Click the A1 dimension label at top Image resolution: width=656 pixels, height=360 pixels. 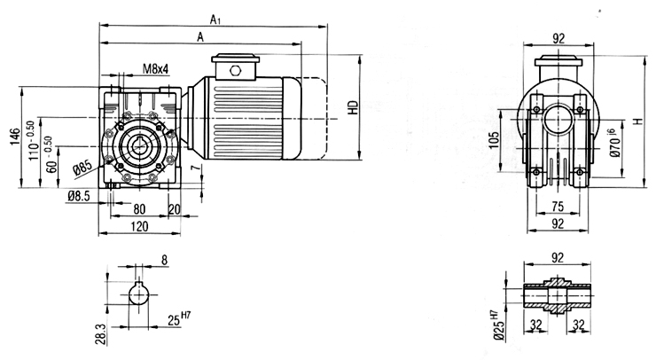[215, 20]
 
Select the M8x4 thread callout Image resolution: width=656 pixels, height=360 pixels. [156, 69]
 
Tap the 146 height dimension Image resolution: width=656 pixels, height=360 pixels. [15, 137]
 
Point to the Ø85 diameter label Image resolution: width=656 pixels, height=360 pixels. [82, 168]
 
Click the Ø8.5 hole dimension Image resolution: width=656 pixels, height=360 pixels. [79, 196]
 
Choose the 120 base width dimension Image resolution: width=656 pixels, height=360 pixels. [139, 226]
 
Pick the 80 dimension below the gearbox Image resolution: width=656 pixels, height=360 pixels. [139, 208]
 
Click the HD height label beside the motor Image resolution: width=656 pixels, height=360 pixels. [354, 107]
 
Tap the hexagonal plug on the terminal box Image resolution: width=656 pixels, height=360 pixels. [236, 70]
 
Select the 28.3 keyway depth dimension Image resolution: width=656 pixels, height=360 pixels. [101, 333]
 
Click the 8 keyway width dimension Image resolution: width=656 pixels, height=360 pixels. [164, 261]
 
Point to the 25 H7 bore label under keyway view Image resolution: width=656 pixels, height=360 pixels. [179, 319]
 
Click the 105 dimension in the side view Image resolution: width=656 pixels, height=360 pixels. [494, 140]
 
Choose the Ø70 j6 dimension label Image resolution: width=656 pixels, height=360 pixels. [614, 143]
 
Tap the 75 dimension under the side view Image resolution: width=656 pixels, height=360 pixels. [558, 207]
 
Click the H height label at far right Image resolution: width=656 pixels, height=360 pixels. [637, 121]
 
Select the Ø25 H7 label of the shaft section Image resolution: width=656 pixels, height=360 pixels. [497, 325]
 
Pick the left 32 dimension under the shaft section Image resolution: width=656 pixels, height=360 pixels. [536, 324]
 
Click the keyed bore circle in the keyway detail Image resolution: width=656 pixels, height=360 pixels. [138, 293]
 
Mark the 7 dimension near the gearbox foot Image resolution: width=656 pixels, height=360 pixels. [194, 168]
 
